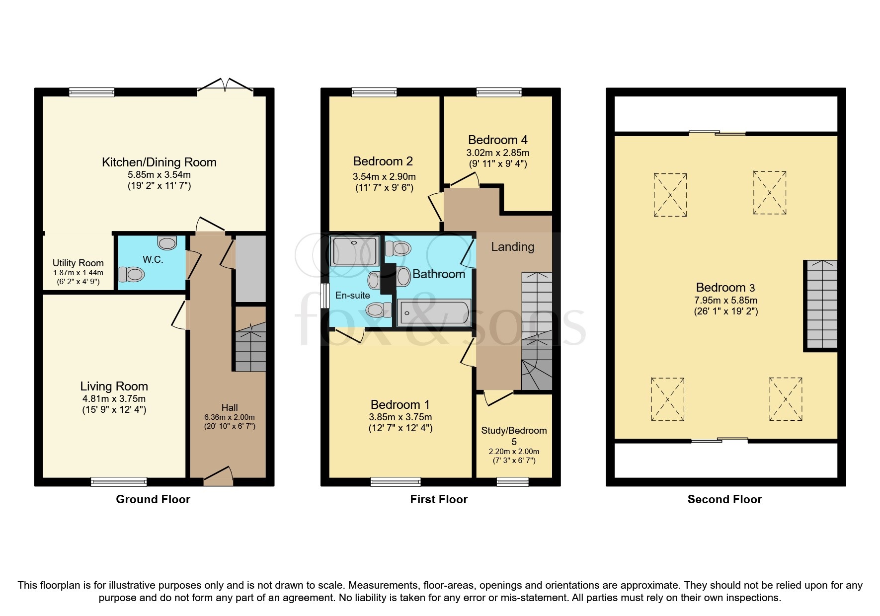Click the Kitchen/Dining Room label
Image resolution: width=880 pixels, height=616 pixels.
(x=159, y=162)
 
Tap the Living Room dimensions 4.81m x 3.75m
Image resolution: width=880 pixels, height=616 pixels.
(x=114, y=398)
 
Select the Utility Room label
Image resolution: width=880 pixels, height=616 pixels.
(x=78, y=263)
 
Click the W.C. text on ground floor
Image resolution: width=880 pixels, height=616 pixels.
(x=153, y=260)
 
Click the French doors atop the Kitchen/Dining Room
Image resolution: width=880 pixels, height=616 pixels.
(x=225, y=86)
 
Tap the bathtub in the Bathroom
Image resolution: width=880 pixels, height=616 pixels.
(x=433, y=312)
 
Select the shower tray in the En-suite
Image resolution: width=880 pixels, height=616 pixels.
(x=355, y=250)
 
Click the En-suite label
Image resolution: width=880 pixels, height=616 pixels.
(x=352, y=296)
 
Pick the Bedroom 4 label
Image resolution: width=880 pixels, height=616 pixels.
(x=497, y=140)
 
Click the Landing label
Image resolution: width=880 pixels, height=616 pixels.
(x=512, y=247)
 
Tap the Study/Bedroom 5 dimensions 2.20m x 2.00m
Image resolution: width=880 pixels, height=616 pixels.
(x=514, y=452)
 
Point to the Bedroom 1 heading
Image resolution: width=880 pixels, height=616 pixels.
(x=400, y=404)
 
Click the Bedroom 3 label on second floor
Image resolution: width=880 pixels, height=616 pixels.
(x=725, y=288)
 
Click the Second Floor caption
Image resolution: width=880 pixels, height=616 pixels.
(x=724, y=499)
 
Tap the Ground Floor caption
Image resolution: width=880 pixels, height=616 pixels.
(x=153, y=499)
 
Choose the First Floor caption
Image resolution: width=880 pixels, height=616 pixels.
(x=439, y=499)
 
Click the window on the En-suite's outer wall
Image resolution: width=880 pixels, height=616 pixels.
(x=325, y=295)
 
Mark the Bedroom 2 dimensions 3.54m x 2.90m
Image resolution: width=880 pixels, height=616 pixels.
(x=384, y=176)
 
